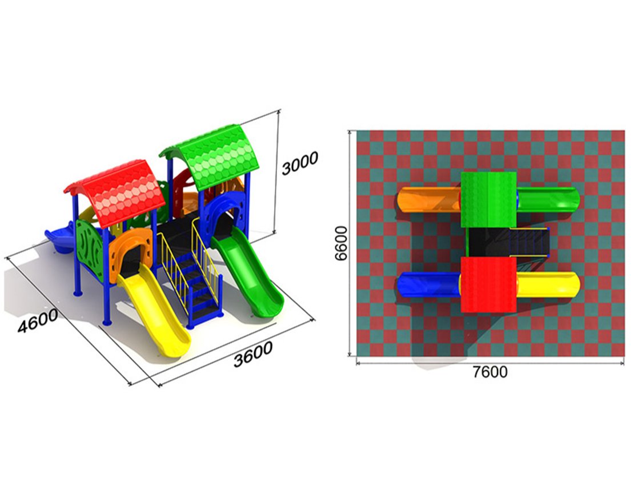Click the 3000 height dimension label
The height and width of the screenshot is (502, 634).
pos(300,163)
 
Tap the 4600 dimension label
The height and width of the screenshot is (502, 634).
pos(38,321)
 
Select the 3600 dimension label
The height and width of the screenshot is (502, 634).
pos(253,354)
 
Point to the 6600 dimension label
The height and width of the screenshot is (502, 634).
pos(341,243)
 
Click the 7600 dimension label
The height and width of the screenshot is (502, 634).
pos(490,372)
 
